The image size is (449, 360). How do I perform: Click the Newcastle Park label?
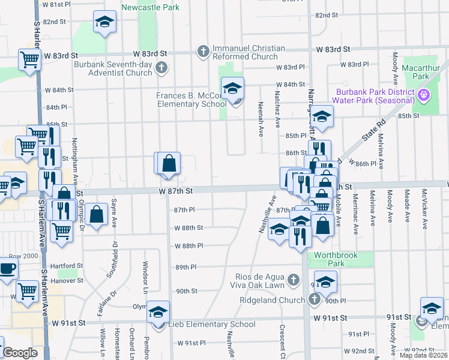tap(150, 8)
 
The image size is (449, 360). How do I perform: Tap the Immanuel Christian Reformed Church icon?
tap(203, 52)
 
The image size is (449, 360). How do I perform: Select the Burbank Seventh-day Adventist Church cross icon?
tap(161, 68)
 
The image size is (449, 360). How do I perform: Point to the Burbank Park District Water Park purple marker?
tap(424, 95)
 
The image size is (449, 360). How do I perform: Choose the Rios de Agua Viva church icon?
tap(294, 280)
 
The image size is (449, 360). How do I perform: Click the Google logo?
tap(19, 353)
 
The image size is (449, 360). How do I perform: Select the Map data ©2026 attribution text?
tap(423, 355)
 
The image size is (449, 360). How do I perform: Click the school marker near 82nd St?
tap(104, 22)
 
